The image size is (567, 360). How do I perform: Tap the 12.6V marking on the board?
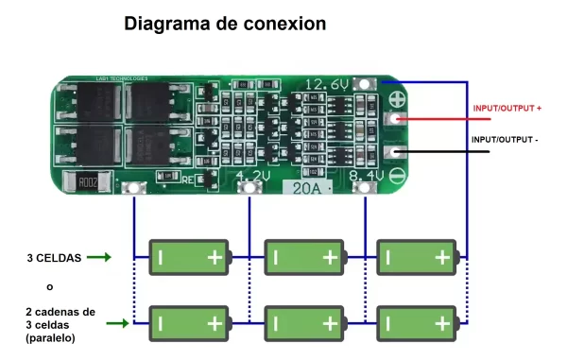click(327, 85)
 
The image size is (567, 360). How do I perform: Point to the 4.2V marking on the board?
click(253, 176)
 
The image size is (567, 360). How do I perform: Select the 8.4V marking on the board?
click(367, 176)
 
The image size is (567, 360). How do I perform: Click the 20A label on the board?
click(306, 189)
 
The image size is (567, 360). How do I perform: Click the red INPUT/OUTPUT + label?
click(507, 110)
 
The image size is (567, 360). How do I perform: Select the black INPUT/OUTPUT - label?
click(505, 141)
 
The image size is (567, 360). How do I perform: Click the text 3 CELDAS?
click(54, 257)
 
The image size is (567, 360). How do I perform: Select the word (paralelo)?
click(51, 337)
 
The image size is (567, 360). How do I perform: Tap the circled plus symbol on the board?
click(398, 98)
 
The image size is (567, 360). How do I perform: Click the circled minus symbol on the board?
click(398, 175)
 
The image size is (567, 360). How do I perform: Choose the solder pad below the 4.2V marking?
click(249, 190)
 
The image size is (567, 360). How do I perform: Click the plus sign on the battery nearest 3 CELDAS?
click(215, 257)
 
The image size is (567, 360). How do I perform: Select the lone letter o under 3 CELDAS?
click(49, 286)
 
